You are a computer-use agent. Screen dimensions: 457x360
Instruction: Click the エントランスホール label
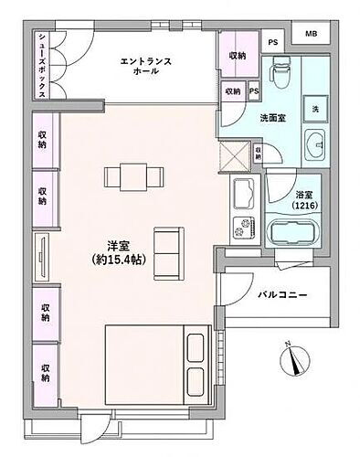pos(146,65)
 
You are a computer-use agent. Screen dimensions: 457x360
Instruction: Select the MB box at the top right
pos(311,36)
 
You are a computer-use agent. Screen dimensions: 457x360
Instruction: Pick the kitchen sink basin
pos(245,194)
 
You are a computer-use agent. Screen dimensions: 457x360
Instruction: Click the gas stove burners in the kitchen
pos(245,226)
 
